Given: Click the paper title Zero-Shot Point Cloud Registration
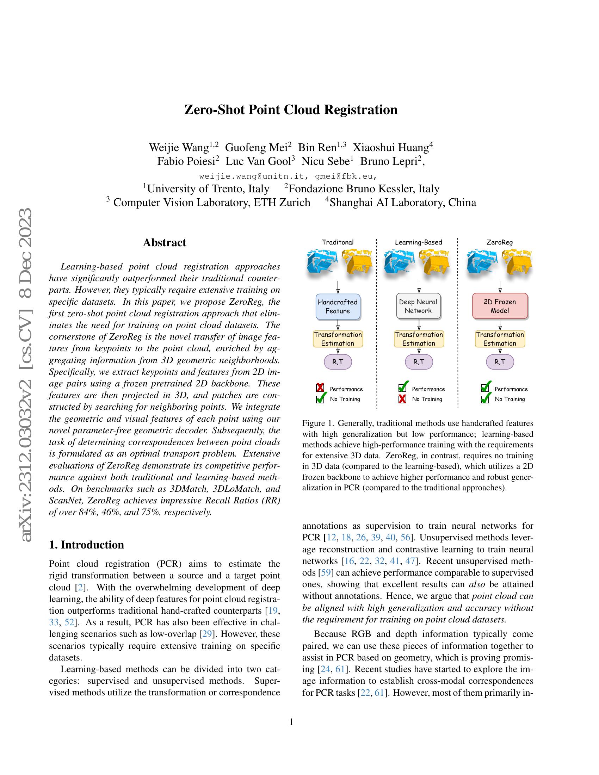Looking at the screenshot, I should click(x=291, y=110).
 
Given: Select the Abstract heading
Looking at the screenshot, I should click(x=164, y=243).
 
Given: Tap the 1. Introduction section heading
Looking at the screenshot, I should click(x=87, y=545).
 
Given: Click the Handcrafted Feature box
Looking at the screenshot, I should click(x=338, y=306).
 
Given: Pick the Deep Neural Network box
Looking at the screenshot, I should click(x=418, y=306).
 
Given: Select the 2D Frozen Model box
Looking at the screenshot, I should click(x=500, y=306).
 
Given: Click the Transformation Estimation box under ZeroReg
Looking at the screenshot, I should click(x=500, y=339).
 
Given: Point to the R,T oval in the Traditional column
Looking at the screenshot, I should click(x=338, y=362).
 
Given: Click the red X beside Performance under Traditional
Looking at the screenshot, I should click(x=320, y=388).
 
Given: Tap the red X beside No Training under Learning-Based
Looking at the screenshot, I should click(x=402, y=399).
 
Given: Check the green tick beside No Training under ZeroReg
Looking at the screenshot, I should click(x=485, y=398).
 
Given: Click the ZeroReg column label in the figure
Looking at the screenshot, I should click(x=500, y=242).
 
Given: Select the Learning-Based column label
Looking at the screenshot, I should click(x=418, y=242).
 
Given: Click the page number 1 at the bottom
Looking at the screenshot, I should click(x=291, y=722).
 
